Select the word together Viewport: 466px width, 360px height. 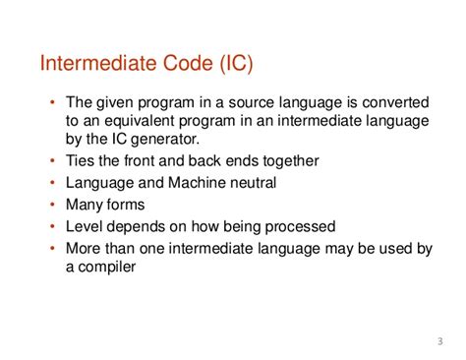tap(291, 160)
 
